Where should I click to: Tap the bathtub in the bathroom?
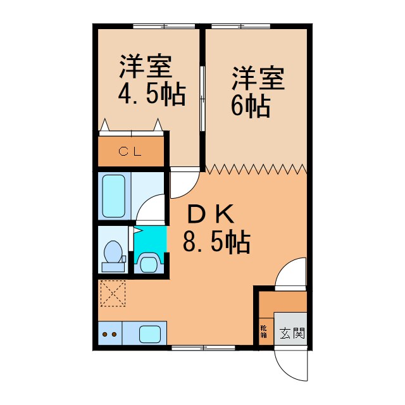[x=115, y=196]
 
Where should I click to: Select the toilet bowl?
[x=115, y=252]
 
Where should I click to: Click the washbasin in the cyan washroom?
[x=149, y=262]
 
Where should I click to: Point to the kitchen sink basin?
[x=151, y=333]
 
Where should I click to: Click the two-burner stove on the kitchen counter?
[x=109, y=334]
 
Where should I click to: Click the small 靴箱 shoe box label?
[x=263, y=331]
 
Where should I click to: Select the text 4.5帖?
[x=151, y=94]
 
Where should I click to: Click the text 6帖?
[x=250, y=106]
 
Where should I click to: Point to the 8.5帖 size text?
[x=216, y=241]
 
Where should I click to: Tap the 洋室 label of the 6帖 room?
[x=258, y=79]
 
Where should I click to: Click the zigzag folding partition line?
[x=256, y=169]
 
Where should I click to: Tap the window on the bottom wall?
[x=199, y=347]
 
